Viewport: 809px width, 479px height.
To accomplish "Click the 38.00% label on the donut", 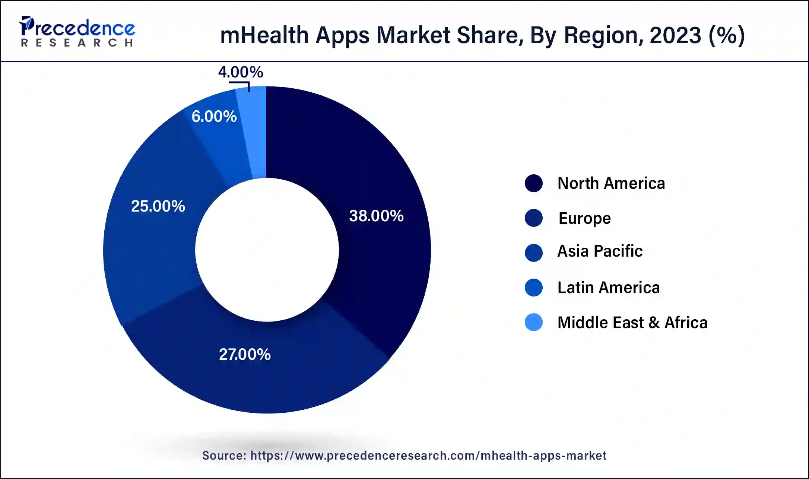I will click(376, 216).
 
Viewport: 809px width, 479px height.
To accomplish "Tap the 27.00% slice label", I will click(245, 354).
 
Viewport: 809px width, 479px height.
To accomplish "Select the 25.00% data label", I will click(158, 206).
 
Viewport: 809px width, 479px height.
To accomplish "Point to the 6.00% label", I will click(214, 117).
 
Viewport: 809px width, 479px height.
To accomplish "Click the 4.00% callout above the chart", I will click(241, 72).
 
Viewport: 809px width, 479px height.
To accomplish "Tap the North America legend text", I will click(611, 183).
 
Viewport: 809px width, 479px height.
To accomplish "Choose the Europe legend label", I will click(584, 218).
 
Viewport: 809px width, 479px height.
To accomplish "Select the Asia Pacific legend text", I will click(600, 251).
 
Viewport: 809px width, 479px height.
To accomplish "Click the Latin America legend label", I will click(608, 288).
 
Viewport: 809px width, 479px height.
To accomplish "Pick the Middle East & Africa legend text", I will click(632, 323).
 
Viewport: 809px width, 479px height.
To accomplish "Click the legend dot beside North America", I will click(533, 183).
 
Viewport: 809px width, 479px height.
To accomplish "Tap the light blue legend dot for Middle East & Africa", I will click(533, 322).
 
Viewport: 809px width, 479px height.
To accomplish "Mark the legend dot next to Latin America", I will click(533, 288).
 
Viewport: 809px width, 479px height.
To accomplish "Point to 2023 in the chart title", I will click(675, 35).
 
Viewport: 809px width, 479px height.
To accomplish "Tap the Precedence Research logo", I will click(77, 32).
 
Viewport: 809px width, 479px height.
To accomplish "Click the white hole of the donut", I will click(267, 250).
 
